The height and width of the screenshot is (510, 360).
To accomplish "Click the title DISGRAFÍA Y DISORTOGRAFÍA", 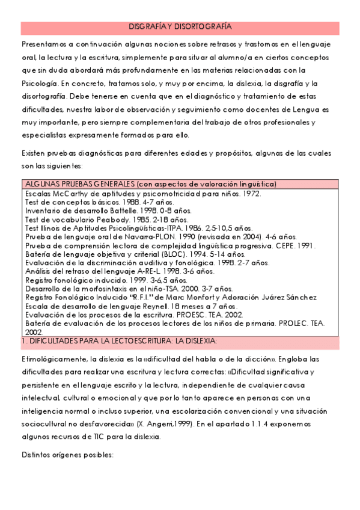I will point(180,27).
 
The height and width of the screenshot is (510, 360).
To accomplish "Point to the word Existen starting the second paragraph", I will point(34,153).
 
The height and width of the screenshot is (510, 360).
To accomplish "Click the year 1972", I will point(230,194).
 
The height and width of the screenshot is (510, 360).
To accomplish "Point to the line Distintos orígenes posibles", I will point(67,454).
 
